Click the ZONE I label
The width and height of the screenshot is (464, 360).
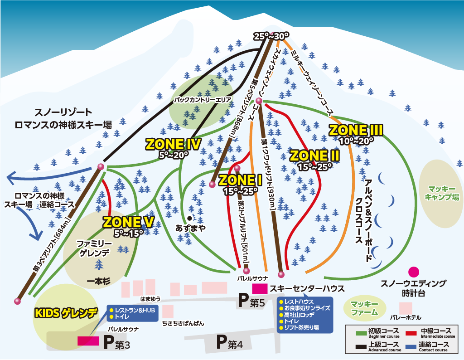pyautogui.click(x=241, y=180)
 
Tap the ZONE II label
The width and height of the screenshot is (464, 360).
pyautogui.click(x=314, y=156)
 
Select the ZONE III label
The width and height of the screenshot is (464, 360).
pyautogui.click(x=356, y=130)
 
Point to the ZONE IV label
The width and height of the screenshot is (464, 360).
pyautogui.click(x=173, y=144)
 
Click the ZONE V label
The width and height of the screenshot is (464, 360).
pyautogui.click(x=129, y=222)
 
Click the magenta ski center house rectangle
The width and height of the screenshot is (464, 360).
pyautogui.click(x=260, y=288)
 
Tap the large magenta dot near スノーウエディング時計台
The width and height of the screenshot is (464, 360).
pyautogui.click(x=413, y=272)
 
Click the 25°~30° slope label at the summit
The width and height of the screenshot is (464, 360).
pyautogui.click(x=271, y=36)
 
